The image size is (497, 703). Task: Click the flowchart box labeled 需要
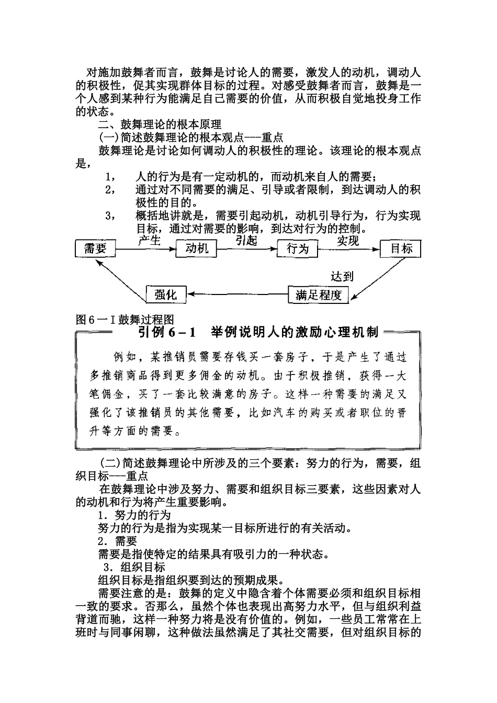[x=95, y=249]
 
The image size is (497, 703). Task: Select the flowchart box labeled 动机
[x=196, y=249]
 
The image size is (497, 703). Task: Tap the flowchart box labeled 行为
[x=297, y=249]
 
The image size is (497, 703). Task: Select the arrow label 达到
[x=342, y=276]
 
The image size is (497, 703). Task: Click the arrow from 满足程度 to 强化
[x=238, y=295]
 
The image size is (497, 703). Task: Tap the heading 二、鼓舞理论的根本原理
[x=160, y=124]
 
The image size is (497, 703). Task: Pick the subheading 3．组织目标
[x=134, y=568]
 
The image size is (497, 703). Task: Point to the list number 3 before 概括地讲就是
[x=109, y=216]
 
